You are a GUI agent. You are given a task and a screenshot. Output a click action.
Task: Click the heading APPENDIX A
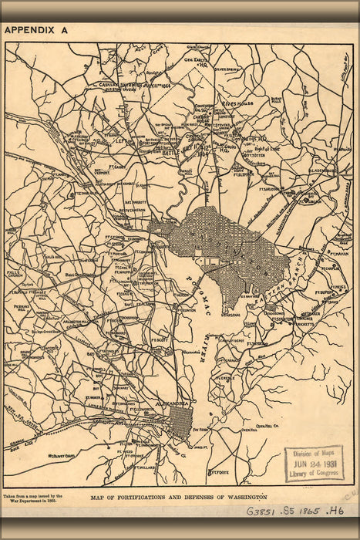[x=36, y=31]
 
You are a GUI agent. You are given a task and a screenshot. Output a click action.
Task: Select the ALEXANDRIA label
[x=177, y=403]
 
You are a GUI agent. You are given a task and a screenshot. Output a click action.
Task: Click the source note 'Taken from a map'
[x=32, y=499]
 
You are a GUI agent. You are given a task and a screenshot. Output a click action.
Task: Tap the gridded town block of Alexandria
[x=180, y=421]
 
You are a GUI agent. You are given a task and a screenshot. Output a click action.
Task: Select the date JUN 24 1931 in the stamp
[x=315, y=464]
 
